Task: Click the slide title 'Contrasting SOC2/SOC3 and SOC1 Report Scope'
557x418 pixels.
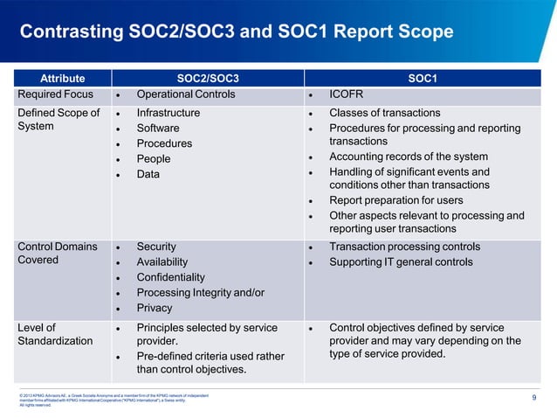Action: pos(236,32)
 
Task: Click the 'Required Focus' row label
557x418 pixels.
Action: pos(56,94)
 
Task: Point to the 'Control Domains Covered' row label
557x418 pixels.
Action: pos(57,254)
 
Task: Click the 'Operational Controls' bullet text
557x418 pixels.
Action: pos(186,94)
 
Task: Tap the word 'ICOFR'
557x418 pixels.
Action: pos(347,94)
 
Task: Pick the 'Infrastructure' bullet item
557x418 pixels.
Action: pos(168,113)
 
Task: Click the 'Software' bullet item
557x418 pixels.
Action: pos(158,129)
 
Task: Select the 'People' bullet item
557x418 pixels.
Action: pos(154,159)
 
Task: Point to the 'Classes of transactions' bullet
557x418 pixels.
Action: pos(384,113)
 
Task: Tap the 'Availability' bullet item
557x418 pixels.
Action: pos(162,262)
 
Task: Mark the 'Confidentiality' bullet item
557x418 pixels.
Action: pos(171,277)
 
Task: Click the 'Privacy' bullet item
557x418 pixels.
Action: pos(155,308)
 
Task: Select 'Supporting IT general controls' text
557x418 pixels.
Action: pos(401,262)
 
